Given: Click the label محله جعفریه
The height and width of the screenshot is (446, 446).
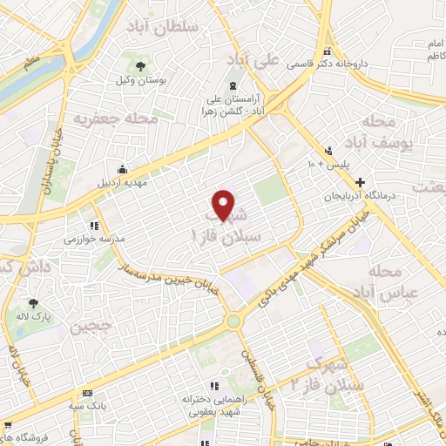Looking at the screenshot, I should [115, 118].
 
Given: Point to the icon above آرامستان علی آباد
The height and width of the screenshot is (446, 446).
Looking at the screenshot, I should [233, 84].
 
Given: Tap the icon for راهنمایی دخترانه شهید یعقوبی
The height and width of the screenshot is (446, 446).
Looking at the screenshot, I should [214, 386].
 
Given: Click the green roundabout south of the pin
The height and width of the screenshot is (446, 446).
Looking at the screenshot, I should [233, 321].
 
